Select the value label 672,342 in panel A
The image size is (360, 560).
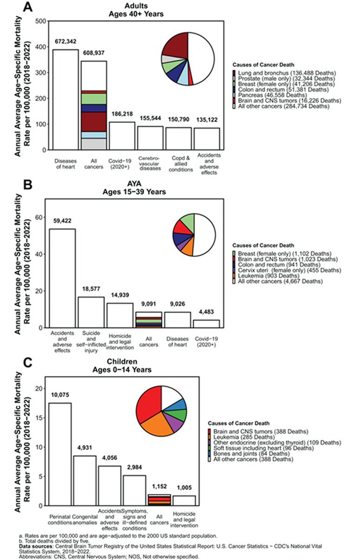pyautogui.click(x=65, y=42)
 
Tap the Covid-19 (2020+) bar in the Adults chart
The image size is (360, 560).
pyautogui.click(x=122, y=136)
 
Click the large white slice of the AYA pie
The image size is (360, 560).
pyautogui.click(x=205, y=234)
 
